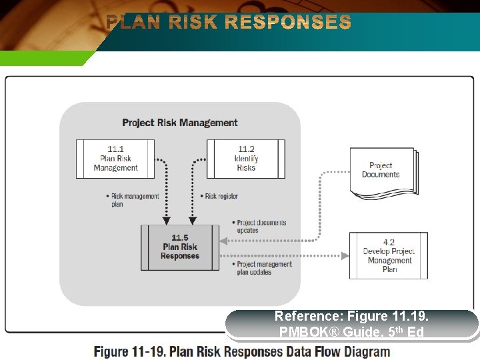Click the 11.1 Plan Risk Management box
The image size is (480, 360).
[x=115, y=159]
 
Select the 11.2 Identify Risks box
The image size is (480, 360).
[x=246, y=159]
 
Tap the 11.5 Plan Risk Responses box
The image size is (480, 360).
[x=180, y=247]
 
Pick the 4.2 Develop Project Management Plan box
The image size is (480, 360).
[x=389, y=255]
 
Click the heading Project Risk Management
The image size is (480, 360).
[x=180, y=123]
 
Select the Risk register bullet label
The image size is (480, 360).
[x=221, y=196]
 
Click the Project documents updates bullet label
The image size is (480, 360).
[x=261, y=227]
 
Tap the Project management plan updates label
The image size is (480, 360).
[x=263, y=268]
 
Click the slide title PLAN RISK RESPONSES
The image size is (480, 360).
[x=229, y=23]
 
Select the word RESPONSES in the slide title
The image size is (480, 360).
[x=288, y=23]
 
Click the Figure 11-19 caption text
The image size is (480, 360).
[x=241, y=351]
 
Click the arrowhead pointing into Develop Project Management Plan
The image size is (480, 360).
[x=345, y=255]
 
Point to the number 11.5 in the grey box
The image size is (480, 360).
[x=180, y=238]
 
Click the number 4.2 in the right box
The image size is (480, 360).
[x=389, y=243]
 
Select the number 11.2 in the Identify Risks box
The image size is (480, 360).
[x=246, y=149]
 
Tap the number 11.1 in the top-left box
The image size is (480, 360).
[x=115, y=149]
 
